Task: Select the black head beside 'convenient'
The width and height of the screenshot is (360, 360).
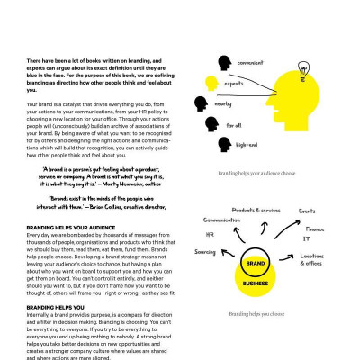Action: [223, 62]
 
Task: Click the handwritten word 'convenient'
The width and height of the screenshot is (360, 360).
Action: [253, 63]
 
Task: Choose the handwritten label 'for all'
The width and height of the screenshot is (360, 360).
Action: [246, 124]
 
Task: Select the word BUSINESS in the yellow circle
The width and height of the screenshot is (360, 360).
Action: [255, 283]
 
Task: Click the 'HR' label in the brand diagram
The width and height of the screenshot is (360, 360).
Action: [207, 234]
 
